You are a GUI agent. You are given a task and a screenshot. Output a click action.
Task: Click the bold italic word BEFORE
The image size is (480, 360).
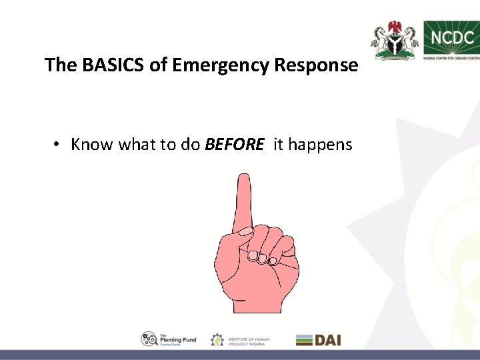click(235, 144)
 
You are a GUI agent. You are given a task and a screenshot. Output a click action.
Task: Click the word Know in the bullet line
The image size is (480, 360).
click(92, 144)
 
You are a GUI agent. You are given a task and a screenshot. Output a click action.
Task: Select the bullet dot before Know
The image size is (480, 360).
click(59, 145)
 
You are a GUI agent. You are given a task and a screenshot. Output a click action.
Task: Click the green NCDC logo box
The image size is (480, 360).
click(451, 38)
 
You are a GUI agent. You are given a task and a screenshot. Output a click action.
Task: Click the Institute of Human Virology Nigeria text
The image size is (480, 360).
click(249, 340)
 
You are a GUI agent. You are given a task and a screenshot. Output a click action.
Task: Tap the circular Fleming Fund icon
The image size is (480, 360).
click(149, 339)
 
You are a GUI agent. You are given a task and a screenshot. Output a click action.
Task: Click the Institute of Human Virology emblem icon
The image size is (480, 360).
click(217, 340)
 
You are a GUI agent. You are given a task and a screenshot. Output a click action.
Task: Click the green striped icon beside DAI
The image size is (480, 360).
click(305, 339)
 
